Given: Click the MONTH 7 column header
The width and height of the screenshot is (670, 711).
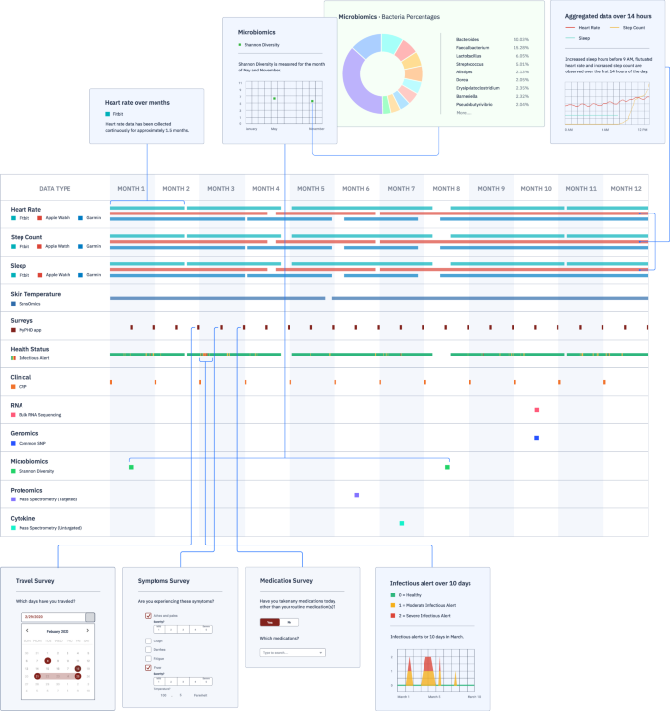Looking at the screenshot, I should coord(402,188).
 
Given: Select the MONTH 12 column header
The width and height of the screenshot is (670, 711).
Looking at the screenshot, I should coord(627,188).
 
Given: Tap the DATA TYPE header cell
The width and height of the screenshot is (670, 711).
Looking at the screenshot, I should coord(55,188).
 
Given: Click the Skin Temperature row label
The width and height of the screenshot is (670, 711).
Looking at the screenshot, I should coord(35,293).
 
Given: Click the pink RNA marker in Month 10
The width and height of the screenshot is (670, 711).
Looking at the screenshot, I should coord(537,410).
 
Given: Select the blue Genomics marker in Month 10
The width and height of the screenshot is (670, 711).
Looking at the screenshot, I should coord(537,438).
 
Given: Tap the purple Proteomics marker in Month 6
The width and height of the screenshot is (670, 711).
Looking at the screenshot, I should coord(357,495).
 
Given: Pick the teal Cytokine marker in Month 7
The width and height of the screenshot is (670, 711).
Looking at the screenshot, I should coord(402,523).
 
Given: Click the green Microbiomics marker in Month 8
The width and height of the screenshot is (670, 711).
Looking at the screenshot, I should coord(447,467).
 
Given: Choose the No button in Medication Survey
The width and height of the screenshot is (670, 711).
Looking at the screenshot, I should coord(289,622).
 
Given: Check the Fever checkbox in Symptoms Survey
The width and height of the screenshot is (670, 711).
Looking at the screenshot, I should coord(148,669).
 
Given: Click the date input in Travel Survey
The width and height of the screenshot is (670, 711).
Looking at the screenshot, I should coord(57,617).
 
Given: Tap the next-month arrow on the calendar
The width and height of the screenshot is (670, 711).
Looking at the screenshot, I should coord(88,631).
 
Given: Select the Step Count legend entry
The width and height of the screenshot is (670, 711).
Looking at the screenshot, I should coord(635,28).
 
